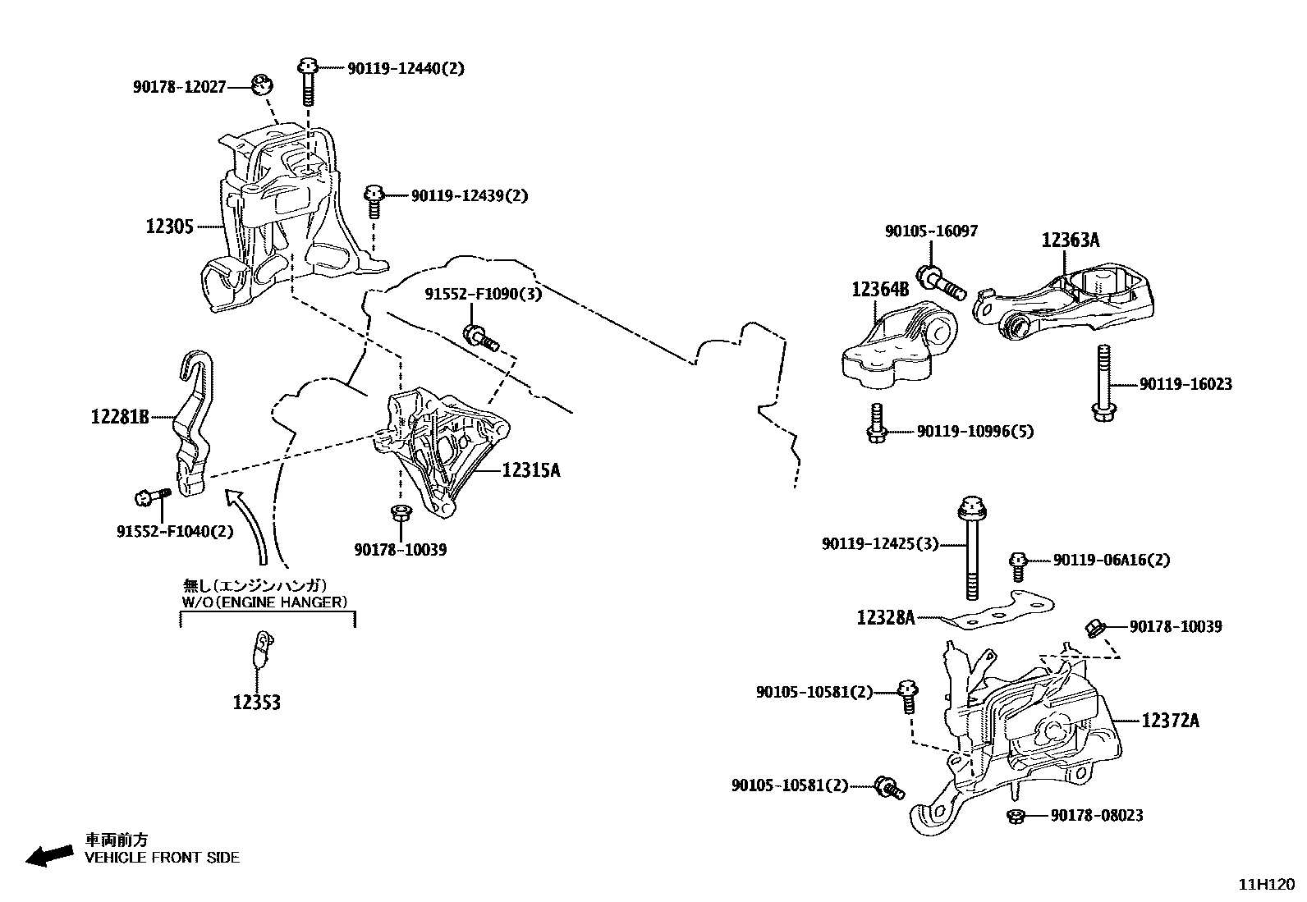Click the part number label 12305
[169, 227]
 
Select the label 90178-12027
[179, 86]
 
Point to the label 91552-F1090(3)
[483, 294]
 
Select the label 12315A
[530, 470]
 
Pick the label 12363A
[1070, 240]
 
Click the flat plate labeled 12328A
[997, 611]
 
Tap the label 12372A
[1170, 721]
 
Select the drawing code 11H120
[1266, 885]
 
